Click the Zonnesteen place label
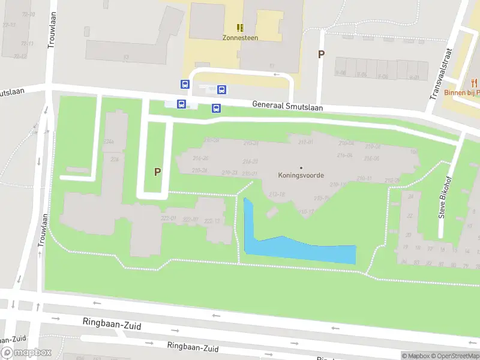tap(240, 37)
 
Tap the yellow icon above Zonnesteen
tap(240, 28)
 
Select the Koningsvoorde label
tap(301, 176)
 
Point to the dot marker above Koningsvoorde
tap(301, 167)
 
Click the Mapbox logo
tap(26, 353)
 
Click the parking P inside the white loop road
tap(157, 172)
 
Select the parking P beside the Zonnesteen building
tap(321, 54)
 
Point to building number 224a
tap(109, 142)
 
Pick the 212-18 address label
tap(277, 194)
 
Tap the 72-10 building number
tap(28, 14)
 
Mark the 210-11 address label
tap(364, 178)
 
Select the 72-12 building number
tap(20, 56)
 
